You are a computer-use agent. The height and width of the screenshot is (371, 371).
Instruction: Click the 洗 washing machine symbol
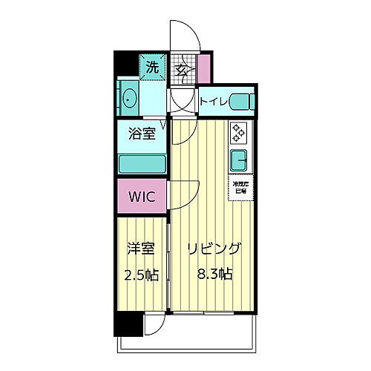pyautogui.click(x=152, y=67)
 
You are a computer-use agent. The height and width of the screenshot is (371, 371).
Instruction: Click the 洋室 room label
pyautogui.click(x=141, y=249)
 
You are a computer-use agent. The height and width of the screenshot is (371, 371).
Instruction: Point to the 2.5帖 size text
pyautogui.click(x=141, y=274)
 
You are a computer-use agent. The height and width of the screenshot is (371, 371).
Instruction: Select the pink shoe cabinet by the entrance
pyautogui.click(x=204, y=68)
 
